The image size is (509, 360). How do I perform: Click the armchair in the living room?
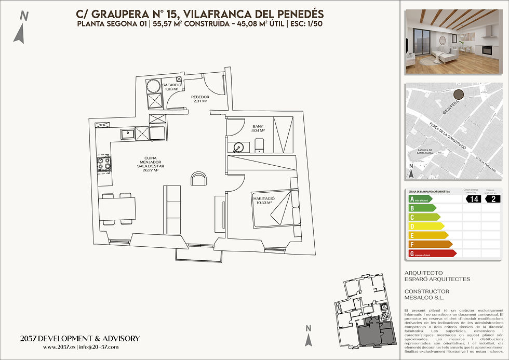point(198,179)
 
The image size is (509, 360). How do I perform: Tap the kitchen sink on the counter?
point(127,134)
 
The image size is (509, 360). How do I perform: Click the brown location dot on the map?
point(459,95)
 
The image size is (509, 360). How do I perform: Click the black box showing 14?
point(473,198)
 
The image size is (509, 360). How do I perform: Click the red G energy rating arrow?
point(432,254)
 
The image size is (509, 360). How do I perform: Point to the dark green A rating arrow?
point(427,198)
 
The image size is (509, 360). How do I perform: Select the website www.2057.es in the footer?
point(59,347)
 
